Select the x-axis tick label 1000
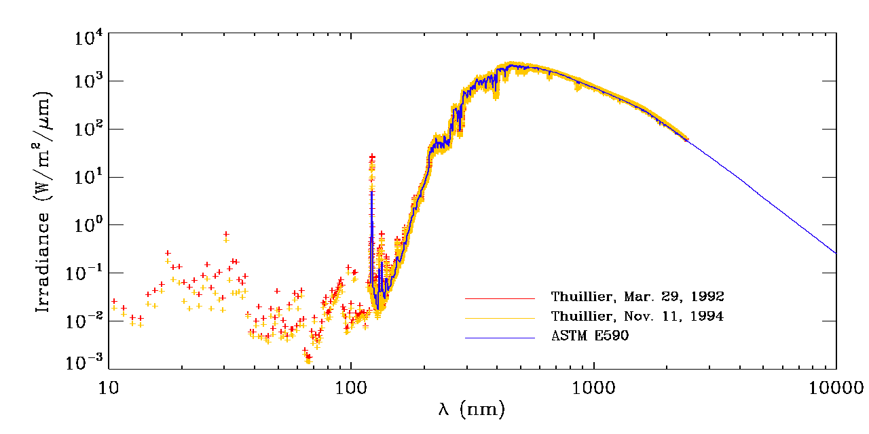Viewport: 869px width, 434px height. [x=594, y=387]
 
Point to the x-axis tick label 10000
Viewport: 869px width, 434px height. [x=836, y=387]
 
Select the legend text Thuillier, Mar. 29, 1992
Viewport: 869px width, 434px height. [x=637, y=297]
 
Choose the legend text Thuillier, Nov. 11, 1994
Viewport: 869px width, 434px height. [x=637, y=317]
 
